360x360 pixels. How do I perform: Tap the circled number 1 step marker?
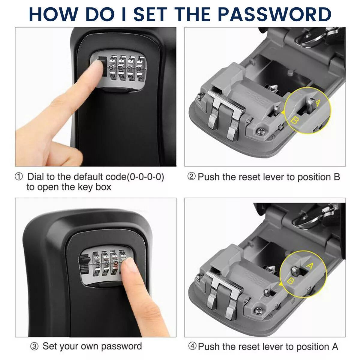[19, 177]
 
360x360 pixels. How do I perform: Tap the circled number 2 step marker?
[192, 177]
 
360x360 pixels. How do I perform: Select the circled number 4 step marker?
[192, 346]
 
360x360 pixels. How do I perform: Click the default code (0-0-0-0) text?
[145, 177]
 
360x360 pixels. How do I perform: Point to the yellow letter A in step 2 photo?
[318, 103]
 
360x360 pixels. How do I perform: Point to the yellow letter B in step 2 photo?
[295, 121]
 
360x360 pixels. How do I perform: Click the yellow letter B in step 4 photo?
[290, 281]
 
